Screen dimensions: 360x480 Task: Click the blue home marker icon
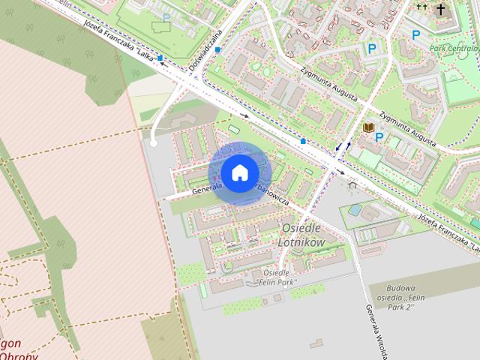click(239, 172)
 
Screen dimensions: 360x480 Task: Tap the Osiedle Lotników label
click(301, 234)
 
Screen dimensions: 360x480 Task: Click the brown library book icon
click(368, 128)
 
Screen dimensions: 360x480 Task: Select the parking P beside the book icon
click(379, 137)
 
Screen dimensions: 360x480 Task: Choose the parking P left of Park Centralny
click(415, 34)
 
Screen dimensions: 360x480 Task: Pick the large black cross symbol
click(441, 9)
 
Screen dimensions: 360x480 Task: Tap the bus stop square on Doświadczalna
click(217, 49)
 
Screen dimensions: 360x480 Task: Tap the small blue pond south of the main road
click(353, 211)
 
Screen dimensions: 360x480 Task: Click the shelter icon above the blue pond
click(352, 184)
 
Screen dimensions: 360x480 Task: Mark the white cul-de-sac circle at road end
click(153, 142)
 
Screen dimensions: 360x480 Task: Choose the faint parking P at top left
click(166, 16)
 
